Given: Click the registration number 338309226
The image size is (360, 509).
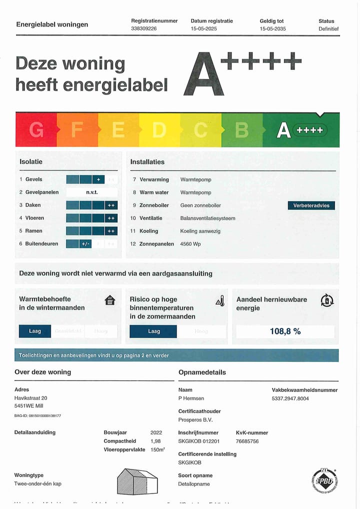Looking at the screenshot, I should (144, 29).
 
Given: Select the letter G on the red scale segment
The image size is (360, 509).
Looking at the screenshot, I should (36, 130).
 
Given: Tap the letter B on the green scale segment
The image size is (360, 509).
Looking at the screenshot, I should (242, 130).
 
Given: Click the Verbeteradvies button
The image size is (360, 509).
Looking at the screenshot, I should (311, 205).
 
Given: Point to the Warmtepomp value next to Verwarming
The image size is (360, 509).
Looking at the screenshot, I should (196, 179).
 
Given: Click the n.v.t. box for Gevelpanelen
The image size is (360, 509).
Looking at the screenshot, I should (92, 192).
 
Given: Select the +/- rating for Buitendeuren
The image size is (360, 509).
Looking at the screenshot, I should (85, 244).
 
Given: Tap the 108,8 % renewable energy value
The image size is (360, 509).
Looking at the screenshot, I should (285, 331).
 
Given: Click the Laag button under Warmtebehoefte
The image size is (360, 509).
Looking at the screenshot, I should (35, 331).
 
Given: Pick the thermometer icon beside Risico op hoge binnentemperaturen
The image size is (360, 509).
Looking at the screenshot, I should (219, 300).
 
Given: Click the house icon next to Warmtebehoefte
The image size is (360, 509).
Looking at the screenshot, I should (110, 300).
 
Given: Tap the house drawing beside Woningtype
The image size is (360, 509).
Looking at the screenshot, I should (137, 481).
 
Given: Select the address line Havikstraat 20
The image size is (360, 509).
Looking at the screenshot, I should (31, 398).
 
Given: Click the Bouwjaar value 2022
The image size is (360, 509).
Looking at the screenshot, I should (156, 432).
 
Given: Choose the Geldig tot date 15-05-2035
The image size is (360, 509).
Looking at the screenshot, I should (273, 29).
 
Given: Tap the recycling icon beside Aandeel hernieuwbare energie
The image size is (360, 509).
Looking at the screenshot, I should (327, 300).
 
